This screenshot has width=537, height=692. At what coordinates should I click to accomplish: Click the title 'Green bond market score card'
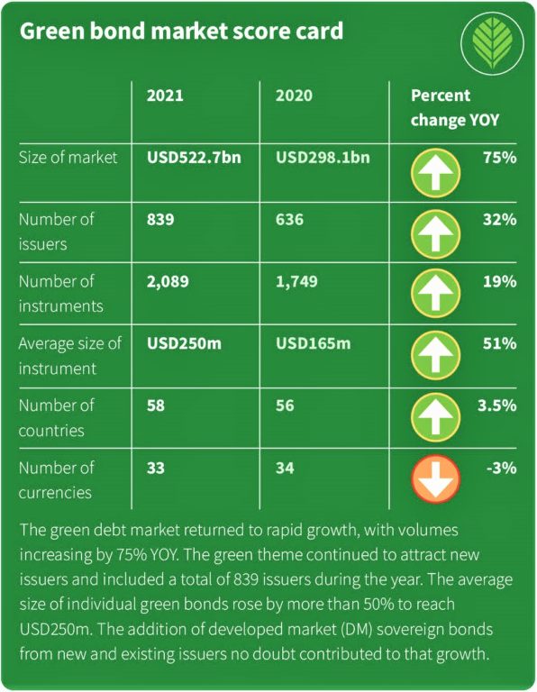[x=181, y=32]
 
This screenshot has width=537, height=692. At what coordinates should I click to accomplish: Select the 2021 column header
[x=165, y=96]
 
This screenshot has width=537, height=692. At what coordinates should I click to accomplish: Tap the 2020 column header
[x=295, y=96]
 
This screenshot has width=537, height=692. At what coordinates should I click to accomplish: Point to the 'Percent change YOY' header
[x=455, y=106]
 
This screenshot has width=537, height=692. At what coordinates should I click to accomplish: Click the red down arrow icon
[x=436, y=481]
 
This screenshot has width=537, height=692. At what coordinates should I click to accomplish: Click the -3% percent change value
[x=500, y=468]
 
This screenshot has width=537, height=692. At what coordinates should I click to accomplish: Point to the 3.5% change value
[x=497, y=405]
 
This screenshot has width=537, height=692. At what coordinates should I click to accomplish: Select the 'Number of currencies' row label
[x=56, y=480]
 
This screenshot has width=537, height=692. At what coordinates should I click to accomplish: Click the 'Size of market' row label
[x=68, y=158]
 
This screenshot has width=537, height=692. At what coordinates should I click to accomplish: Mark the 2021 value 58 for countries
[x=156, y=405]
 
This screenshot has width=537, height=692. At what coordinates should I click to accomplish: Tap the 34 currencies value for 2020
[x=286, y=468]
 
